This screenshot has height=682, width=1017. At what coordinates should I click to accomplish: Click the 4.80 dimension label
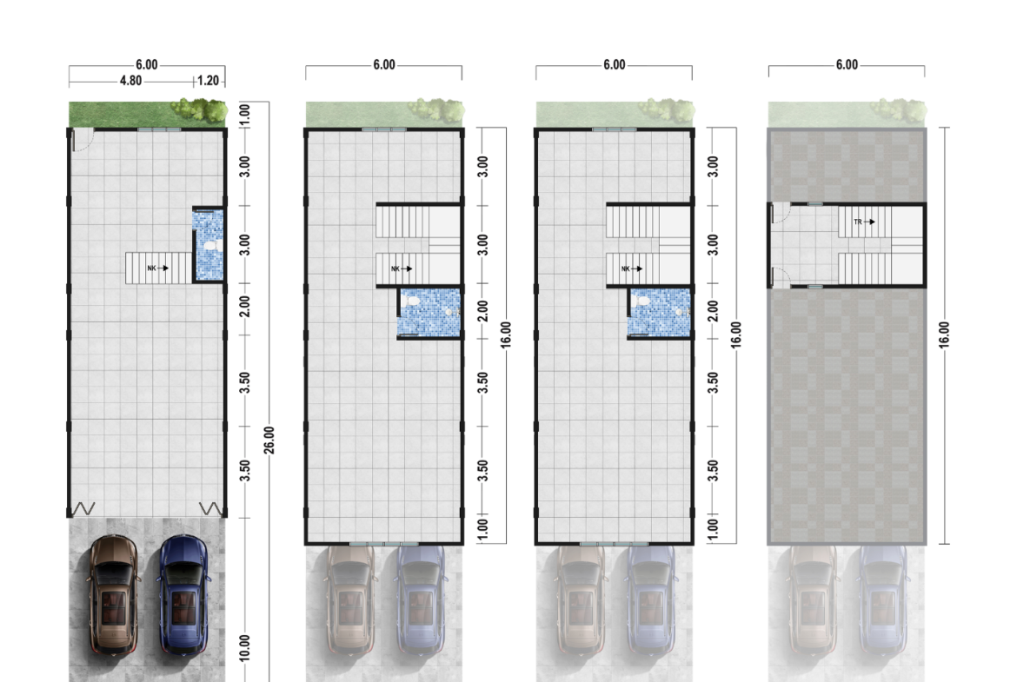(x=130, y=81)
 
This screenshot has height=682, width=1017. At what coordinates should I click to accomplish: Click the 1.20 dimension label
(x=209, y=81)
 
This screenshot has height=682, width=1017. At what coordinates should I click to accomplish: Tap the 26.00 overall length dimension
(x=269, y=440)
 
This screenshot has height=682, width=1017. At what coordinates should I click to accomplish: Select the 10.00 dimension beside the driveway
(x=244, y=647)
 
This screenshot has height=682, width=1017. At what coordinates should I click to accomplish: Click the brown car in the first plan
(x=114, y=594)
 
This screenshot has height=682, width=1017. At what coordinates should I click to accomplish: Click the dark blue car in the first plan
(x=183, y=594)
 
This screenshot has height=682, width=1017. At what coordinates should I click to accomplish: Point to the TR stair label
(x=858, y=222)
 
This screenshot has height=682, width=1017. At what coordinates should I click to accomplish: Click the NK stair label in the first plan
(x=152, y=268)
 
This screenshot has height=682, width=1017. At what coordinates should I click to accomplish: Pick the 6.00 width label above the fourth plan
(x=847, y=65)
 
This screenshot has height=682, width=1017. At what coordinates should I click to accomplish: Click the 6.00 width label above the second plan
(x=384, y=65)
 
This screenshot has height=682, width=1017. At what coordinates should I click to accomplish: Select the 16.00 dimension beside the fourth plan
(x=944, y=334)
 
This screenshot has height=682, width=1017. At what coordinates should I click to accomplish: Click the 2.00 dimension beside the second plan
(x=482, y=310)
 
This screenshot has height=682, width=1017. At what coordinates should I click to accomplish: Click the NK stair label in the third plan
(x=626, y=268)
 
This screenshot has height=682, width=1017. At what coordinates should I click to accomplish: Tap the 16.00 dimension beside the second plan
(x=506, y=334)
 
